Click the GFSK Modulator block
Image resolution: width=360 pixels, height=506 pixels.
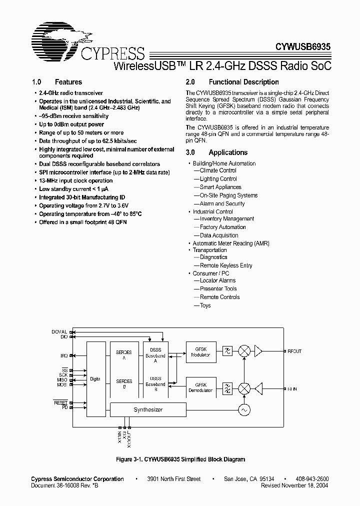(200, 352)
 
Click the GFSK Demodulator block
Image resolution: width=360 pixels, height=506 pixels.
(200, 387)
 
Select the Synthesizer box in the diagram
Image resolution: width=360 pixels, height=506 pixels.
(147, 410)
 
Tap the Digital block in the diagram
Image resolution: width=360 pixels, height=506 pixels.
(95, 379)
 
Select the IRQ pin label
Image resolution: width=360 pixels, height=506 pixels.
(64, 355)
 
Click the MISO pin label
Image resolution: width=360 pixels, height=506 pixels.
(62, 380)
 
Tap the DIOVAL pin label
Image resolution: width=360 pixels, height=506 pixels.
(59, 332)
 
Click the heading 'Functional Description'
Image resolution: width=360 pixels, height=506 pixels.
(243, 82)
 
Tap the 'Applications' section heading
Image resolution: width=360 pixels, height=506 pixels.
(228, 152)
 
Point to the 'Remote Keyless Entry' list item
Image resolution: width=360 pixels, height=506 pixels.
(226, 265)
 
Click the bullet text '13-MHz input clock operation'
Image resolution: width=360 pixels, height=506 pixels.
(76, 180)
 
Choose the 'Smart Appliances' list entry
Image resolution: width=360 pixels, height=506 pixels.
(220, 187)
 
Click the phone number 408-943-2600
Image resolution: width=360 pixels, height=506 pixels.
(311, 479)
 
